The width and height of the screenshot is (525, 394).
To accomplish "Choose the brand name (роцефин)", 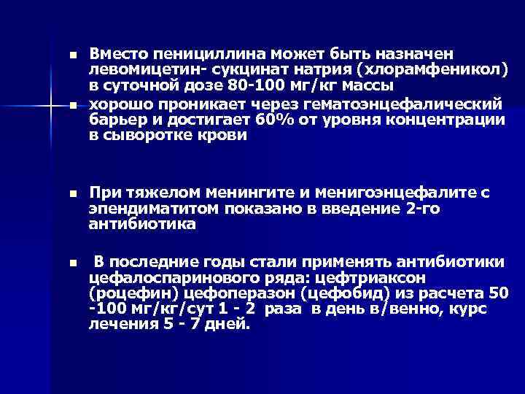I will pyautogui.click(x=131, y=294).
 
